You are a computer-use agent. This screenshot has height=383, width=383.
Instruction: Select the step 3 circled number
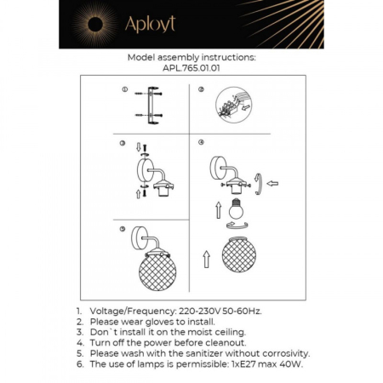pyautogui.click(x=123, y=142)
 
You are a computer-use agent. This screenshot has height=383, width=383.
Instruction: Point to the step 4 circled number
pyautogui.click(x=202, y=142)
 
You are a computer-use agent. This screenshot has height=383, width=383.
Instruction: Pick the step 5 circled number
pyautogui.click(x=124, y=230)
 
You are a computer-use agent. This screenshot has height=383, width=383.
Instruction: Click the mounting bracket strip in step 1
pyautogui.click(x=153, y=105)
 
